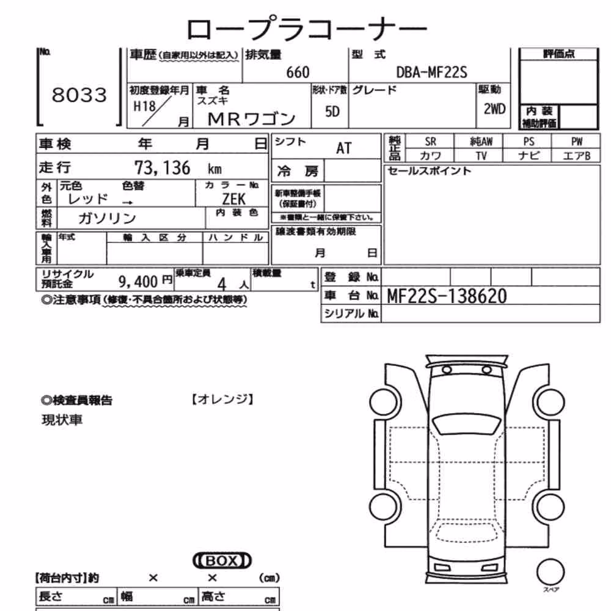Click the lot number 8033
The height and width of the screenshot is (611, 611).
point(79,95)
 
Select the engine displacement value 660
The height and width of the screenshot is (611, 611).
point(298,73)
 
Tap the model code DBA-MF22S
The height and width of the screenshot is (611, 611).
point(431,72)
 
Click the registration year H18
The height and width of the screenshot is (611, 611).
point(144,106)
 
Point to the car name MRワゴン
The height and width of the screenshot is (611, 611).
point(251,119)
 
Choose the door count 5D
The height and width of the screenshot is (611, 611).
point(332,112)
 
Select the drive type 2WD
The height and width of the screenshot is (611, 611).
point(494,109)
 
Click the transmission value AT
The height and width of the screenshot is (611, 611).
point(343,148)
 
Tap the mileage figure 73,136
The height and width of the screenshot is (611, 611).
point(163,168)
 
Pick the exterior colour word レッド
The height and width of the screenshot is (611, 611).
point(87,199)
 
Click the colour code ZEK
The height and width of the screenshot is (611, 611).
point(234,199)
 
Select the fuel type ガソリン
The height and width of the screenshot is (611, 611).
point(107,218)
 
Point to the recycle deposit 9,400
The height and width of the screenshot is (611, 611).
point(138,281)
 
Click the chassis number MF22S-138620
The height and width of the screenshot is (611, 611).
point(447,296)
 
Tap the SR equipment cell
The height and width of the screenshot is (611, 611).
point(430,142)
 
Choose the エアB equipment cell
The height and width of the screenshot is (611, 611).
point(577,156)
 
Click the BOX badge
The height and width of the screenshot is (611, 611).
point(222,561)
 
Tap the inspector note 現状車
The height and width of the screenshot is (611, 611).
point(62,420)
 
